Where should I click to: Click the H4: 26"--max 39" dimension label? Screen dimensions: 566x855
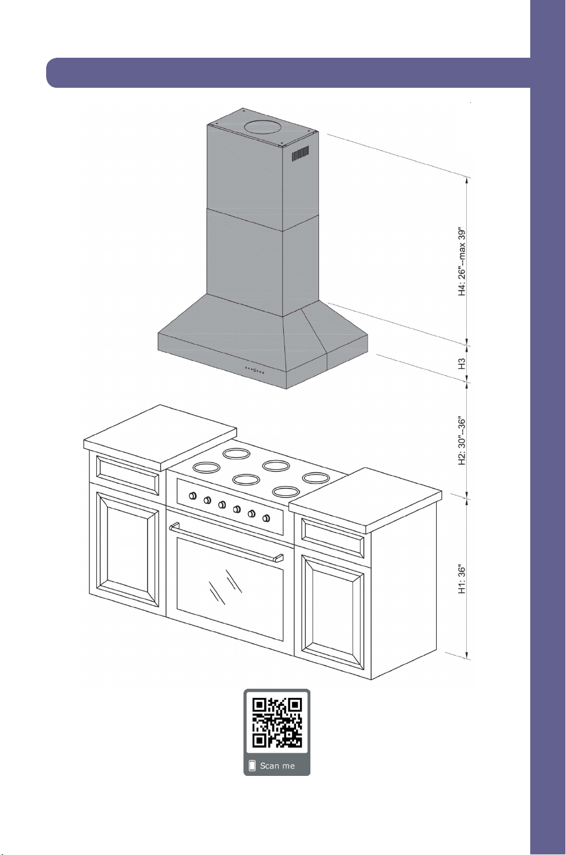pyautogui.click(x=462, y=262)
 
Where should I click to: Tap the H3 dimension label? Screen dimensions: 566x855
pyautogui.click(x=462, y=363)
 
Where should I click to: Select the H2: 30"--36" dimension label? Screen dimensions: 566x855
pyautogui.click(x=462, y=441)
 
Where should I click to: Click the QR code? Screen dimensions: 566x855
pyautogui.click(x=277, y=723)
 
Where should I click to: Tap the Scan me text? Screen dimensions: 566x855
pyautogui.click(x=278, y=766)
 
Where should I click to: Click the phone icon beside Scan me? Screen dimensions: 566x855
pyautogui.click(x=252, y=766)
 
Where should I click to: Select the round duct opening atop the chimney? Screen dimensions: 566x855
pyautogui.click(x=261, y=128)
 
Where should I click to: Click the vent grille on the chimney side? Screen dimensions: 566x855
pyautogui.click(x=301, y=154)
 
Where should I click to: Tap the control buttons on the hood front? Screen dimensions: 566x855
pyautogui.click(x=254, y=370)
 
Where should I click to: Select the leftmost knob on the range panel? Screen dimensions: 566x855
pyautogui.click(x=193, y=496)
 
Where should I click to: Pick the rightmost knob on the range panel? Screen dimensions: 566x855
pyautogui.click(x=266, y=518)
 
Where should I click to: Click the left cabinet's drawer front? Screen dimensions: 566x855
pyautogui.click(x=128, y=475)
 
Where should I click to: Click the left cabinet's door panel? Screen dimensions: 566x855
pyautogui.click(x=128, y=549)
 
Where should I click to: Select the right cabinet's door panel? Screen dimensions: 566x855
pyautogui.click(x=332, y=611)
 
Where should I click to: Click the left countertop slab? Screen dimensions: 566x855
pyautogui.click(x=160, y=438)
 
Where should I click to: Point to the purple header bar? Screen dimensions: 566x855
pyautogui.click(x=288, y=73)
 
